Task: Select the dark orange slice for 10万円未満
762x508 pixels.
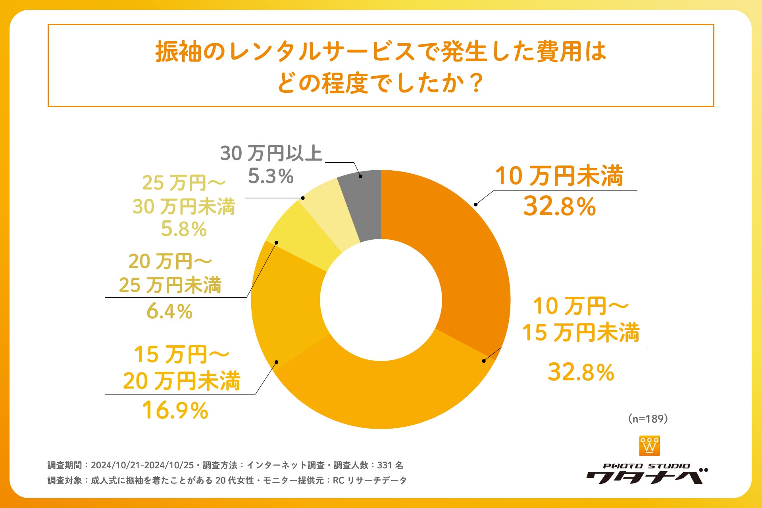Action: (x=456, y=246)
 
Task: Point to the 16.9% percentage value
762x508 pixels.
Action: (x=175, y=410)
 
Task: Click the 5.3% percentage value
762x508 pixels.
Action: (x=271, y=176)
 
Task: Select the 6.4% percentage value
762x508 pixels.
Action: (x=169, y=311)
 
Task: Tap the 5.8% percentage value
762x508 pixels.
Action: (x=184, y=229)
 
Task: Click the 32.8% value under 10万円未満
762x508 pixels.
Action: (x=560, y=206)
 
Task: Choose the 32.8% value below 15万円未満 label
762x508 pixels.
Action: (x=581, y=372)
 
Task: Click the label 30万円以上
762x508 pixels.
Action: (x=271, y=153)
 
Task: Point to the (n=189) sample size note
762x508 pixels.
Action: (x=648, y=419)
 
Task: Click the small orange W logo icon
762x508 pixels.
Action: (x=650, y=446)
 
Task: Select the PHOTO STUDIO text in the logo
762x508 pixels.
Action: (x=647, y=466)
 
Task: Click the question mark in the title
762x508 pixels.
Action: (x=475, y=83)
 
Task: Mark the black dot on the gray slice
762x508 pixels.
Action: (x=360, y=176)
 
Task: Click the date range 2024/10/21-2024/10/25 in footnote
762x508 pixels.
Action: (x=142, y=465)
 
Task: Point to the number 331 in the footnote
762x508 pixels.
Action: (x=385, y=465)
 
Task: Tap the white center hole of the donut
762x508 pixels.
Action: (x=381, y=300)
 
